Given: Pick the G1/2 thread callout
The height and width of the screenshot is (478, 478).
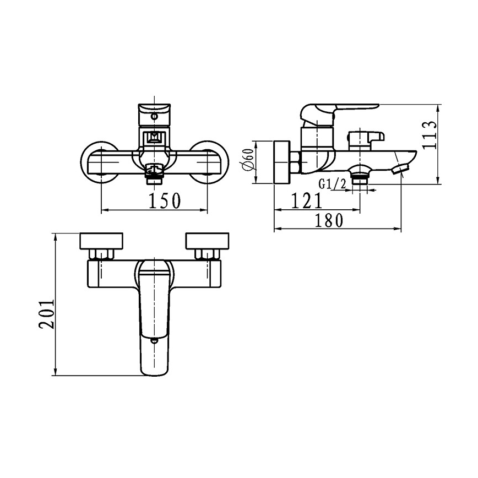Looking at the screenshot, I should pyautogui.click(x=332, y=184).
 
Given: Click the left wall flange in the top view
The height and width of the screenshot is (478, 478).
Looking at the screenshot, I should pyautogui.click(x=102, y=241).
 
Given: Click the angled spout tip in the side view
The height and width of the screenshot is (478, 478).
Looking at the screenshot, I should pyautogui.click(x=400, y=169).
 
